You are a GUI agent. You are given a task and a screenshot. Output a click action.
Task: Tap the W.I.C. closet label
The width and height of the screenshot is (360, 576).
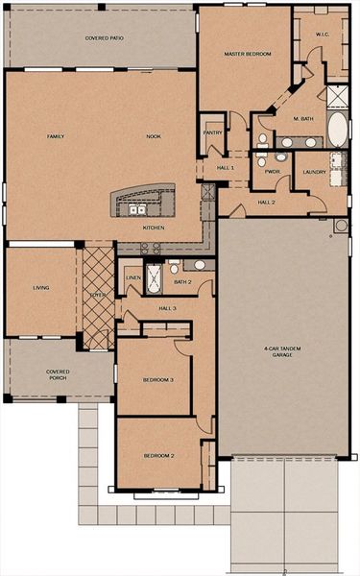(322, 35)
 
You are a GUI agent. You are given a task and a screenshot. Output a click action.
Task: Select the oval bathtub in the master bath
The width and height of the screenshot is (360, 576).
(337, 127)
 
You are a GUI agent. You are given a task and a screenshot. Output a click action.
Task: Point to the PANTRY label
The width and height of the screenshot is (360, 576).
(212, 133)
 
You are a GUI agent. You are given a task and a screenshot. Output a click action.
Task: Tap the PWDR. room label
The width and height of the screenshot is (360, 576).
(272, 173)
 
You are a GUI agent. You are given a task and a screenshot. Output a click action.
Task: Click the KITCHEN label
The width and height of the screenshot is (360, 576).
(154, 228)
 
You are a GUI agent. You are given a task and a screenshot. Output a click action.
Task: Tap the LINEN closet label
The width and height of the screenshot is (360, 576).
(133, 278)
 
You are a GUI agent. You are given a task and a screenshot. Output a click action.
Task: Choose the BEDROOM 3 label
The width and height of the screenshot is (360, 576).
(158, 380)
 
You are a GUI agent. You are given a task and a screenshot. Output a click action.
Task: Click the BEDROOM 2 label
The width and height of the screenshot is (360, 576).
(158, 454)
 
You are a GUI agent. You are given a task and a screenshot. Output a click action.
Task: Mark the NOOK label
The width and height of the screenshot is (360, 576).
(154, 137)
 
